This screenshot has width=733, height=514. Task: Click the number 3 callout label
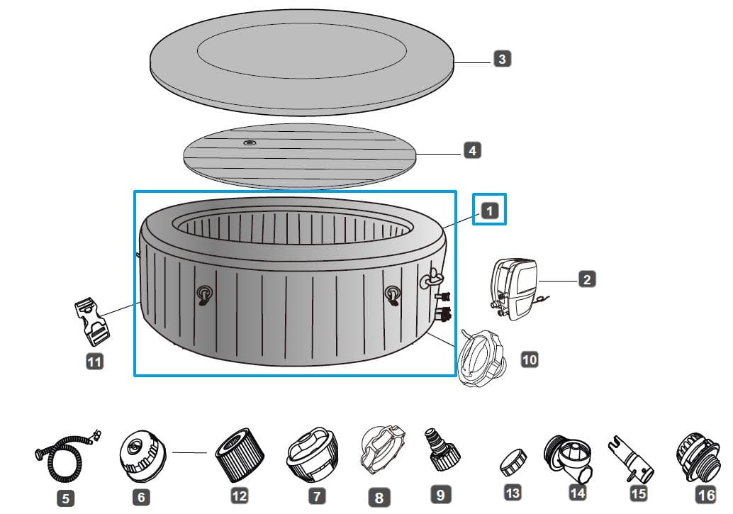pyautogui.click(x=502, y=59)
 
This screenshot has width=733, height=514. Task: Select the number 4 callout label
pyautogui.click(x=472, y=150)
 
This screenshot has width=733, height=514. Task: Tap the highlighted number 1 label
pyautogui.click(x=489, y=211)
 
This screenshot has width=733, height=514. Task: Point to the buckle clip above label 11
pyautogui.click(x=91, y=322)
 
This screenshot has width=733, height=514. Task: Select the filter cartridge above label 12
pyautogui.click(x=240, y=454)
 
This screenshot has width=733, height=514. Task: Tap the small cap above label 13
pyautogui.click(x=513, y=462)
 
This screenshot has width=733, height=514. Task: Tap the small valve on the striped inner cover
pyautogui.click(x=250, y=143)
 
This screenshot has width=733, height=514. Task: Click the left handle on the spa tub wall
pyautogui.click(x=204, y=296)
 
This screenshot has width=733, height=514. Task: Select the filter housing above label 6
pyautogui.click(x=142, y=457)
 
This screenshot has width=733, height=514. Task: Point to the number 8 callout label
pyautogui.click(x=379, y=498)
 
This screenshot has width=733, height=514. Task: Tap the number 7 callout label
pyautogui.click(x=317, y=496)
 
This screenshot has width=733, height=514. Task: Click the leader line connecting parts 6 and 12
pyautogui.click(x=189, y=452)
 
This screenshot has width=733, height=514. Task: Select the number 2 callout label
pyautogui.click(x=587, y=279)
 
